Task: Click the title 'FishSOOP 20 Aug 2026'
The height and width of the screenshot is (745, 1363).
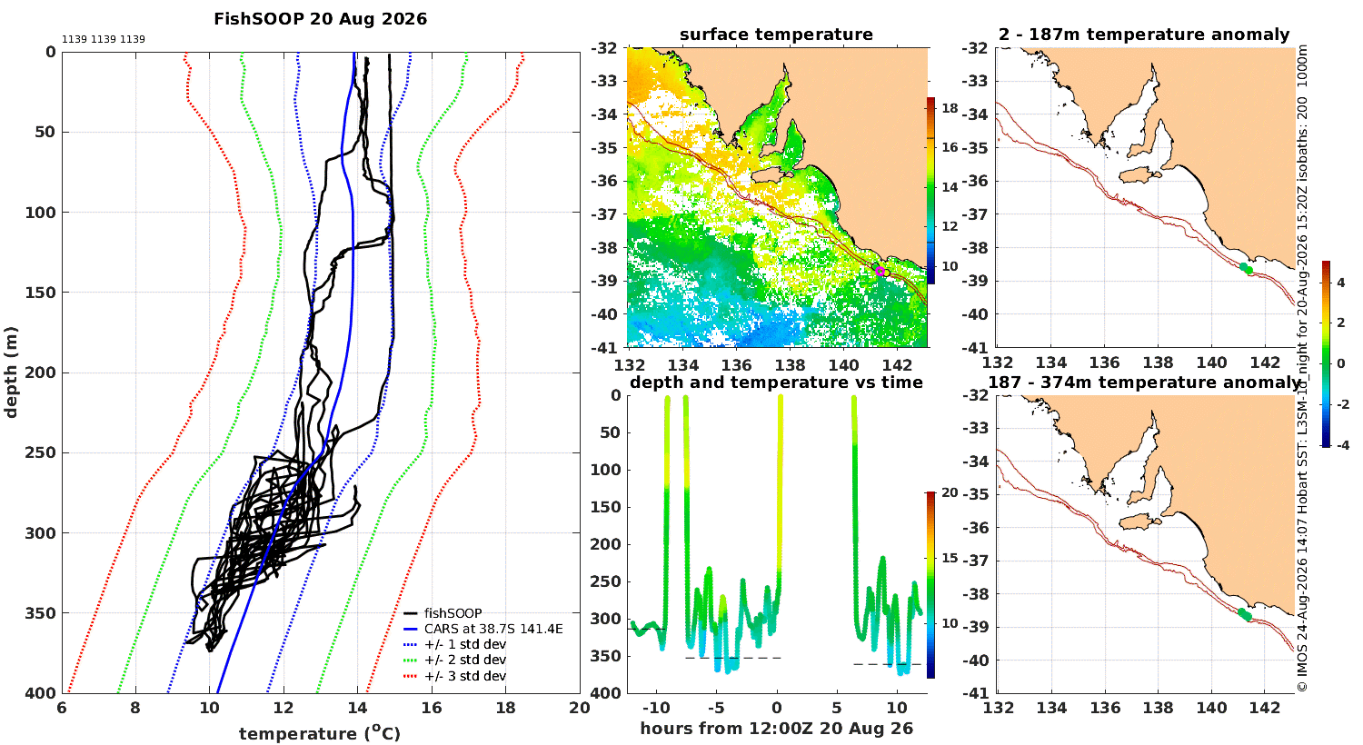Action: (x=320, y=19)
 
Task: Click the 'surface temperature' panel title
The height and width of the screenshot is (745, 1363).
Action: (x=776, y=35)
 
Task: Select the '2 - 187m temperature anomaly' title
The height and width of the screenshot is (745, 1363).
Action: (x=1144, y=35)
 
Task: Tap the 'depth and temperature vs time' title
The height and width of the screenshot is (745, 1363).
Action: (x=776, y=382)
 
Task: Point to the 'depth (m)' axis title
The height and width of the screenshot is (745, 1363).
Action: (x=11, y=372)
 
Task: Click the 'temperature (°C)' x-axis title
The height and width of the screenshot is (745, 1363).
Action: (x=320, y=733)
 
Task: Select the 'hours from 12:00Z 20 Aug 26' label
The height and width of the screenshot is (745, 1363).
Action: (x=776, y=729)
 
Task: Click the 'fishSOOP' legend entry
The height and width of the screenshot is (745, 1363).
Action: (x=453, y=613)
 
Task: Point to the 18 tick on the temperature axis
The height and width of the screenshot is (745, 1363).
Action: (x=505, y=708)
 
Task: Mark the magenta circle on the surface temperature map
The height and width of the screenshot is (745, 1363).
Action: (x=880, y=272)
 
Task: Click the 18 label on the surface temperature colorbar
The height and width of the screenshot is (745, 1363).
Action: (x=950, y=108)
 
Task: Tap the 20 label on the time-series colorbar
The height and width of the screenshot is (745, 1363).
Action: (x=950, y=492)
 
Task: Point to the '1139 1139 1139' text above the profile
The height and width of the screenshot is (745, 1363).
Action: (x=104, y=40)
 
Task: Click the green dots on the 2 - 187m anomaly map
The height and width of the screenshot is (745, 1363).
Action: (x=1246, y=268)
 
